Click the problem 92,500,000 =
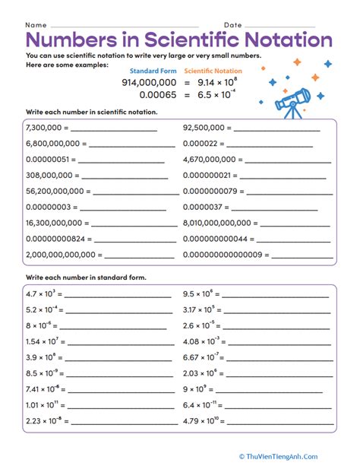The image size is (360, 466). click(210, 128)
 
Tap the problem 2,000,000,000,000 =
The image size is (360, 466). click(63, 255)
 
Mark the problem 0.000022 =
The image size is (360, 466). click(204, 144)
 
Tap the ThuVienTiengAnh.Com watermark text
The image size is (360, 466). click(307, 455)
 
